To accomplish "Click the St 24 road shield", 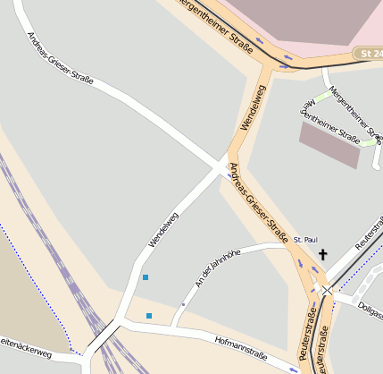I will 369,54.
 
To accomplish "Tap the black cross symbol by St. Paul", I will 322,255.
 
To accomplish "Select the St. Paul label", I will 305,240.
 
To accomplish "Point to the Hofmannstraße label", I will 241,348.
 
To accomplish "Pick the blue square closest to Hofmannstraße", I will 149,316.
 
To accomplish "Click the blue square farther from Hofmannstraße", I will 146,277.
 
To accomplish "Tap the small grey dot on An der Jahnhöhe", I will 183,305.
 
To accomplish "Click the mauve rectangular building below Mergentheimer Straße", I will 331,144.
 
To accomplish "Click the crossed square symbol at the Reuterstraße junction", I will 327,290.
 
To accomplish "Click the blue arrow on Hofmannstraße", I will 294,368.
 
